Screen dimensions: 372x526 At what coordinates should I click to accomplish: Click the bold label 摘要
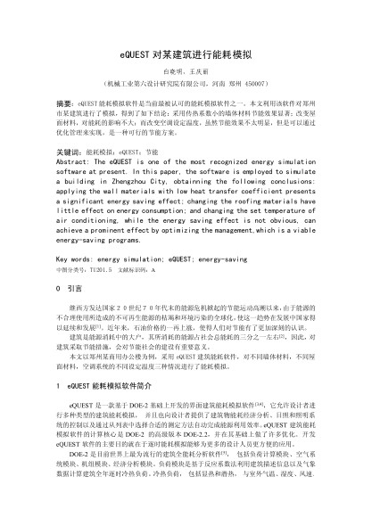pyautogui.click(x=64, y=104)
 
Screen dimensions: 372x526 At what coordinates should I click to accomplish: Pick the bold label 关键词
pyautogui.click(x=68, y=153)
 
